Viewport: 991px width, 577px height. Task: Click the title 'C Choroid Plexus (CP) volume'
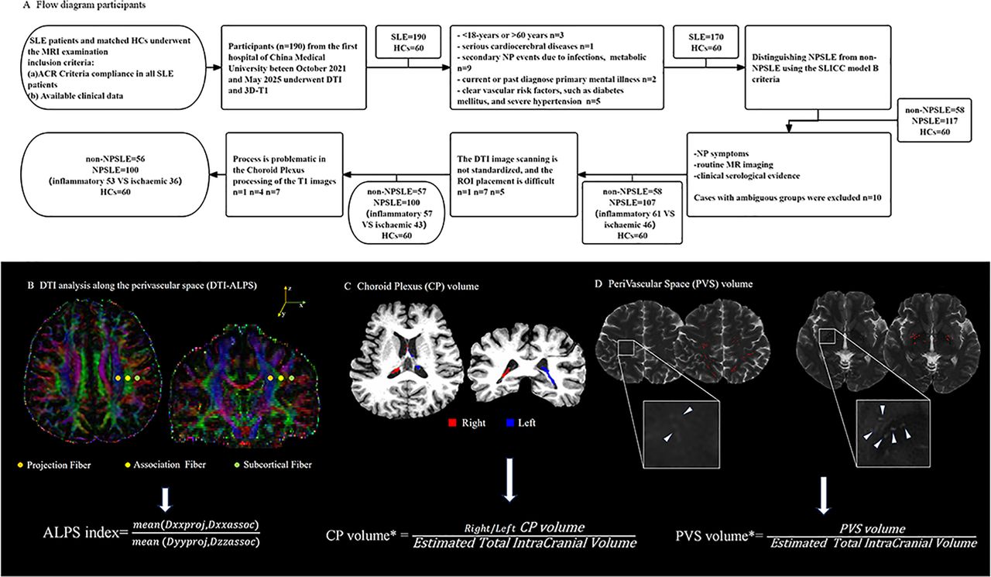point(419,286)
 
